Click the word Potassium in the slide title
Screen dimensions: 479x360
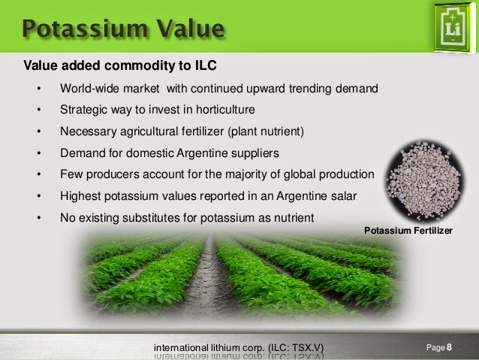(86, 29)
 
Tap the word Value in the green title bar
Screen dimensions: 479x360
(191, 29)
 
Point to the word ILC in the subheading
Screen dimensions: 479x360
(206, 65)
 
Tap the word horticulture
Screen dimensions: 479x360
(225, 110)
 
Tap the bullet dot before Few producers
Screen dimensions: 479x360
(39, 174)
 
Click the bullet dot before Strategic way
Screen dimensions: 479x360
(39, 110)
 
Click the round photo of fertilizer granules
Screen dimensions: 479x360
(425, 181)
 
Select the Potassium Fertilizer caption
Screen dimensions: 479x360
(408, 231)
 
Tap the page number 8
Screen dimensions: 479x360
(449, 347)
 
